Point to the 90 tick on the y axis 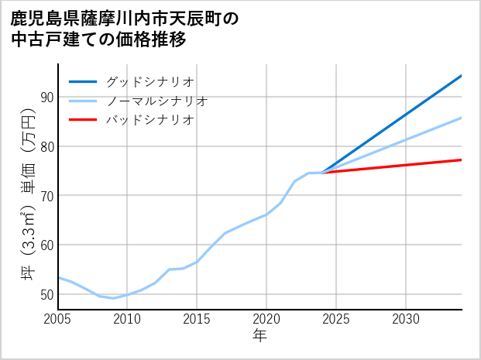point(46,97)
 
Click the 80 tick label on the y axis point(46,146)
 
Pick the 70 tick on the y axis point(46,196)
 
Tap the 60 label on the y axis point(46,245)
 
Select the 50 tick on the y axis point(46,295)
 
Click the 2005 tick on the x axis point(58,319)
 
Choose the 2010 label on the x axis point(127,319)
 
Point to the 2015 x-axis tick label point(197,319)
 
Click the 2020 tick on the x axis point(266,319)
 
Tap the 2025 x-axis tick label point(336,319)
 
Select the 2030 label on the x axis point(406,319)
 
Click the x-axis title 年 point(259,335)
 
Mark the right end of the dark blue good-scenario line point(462,76)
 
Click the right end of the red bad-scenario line point(462,159)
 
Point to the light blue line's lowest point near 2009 point(113,298)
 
